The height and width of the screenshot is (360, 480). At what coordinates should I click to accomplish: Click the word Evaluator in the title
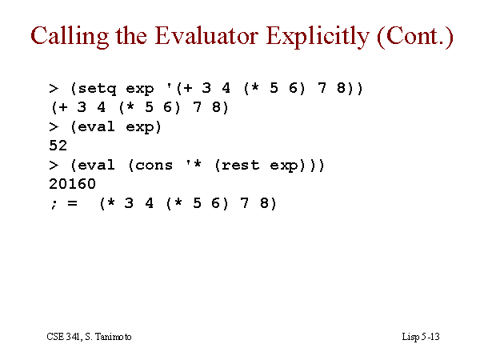pyautogui.click(x=206, y=36)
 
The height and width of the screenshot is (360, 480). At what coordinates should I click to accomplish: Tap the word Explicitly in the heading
pyautogui.click(x=318, y=37)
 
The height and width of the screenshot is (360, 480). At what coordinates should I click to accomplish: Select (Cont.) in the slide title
pyautogui.click(x=415, y=37)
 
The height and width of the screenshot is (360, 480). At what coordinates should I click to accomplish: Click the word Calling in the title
pyautogui.click(x=70, y=37)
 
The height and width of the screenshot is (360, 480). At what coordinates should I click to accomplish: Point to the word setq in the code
pyautogui.click(x=97, y=89)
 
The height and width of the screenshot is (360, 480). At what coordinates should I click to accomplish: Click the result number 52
pyautogui.click(x=58, y=146)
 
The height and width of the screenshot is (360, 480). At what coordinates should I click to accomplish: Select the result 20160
pyautogui.click(x=72, y=184)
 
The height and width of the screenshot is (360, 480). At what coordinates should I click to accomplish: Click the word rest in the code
pyautogui.click(x=240, y=166)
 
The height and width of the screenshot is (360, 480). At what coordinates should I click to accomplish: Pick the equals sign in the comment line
pyautogui.click(x=72, y=203)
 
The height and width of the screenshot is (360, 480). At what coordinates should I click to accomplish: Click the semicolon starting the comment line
pyautogui.click(x=54, y=203)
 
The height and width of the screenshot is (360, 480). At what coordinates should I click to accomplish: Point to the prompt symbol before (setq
pyautogui.click(x=54, y=89)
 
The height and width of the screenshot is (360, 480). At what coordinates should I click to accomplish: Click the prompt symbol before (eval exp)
pyautogui.click(x=54, y=126)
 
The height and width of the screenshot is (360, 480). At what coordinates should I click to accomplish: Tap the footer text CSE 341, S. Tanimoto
pyautogui.click(x=89, y=337)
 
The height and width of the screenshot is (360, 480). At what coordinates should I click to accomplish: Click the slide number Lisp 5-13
pyautogui.click(x=421, y=337)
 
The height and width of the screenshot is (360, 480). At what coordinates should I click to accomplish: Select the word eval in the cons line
pyautogui.click(x=97, y=165)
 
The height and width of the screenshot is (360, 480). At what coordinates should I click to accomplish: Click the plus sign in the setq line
pyautogui.click(x=188, y=89)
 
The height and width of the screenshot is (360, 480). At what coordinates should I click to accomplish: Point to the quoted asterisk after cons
pyautogui.click(x=197, y=163)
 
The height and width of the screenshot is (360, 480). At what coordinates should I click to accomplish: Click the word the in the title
pyautogui.click(x=131, y=36)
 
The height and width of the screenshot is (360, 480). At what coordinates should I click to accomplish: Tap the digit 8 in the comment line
pyautogui.click(x=264, y=203)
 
